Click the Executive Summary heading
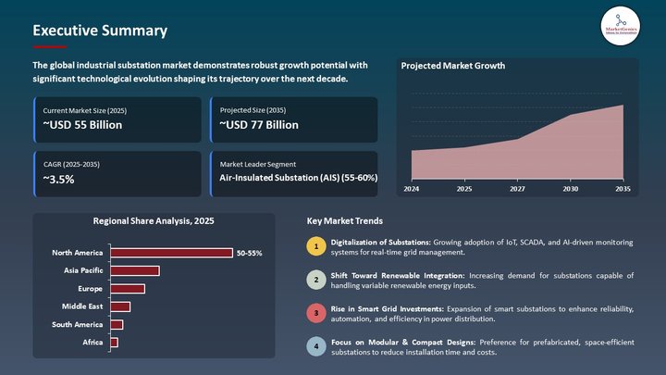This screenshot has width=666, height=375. [x=100, y=31]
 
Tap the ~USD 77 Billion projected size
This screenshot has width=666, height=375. [x=259, y=124]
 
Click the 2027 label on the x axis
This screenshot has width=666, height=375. [x=517, y=189]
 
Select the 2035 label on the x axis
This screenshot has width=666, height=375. [x=623, y=189]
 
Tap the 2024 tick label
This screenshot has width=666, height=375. [x=412, y=189]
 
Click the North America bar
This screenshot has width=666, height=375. [x=171, y=253]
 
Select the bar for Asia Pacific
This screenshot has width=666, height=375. [x=135, y=270]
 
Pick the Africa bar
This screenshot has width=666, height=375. [x=114, y=343]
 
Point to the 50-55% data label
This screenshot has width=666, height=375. [x=249, y=253]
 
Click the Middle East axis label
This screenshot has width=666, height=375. [x=82, y=306]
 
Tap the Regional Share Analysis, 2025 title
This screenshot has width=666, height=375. [x=154, y=221]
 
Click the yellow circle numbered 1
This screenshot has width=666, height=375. [x=315, y=246]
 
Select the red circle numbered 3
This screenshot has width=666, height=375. [x=315, y=313]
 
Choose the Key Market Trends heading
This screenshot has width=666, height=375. [x=344, y=221]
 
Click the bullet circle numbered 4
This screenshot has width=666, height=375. [x=315, y=347]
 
